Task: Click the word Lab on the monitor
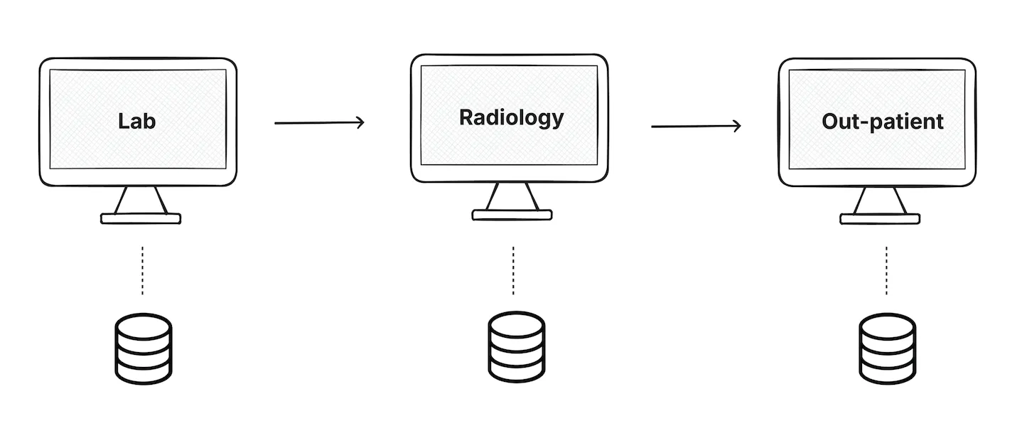[x=137, y=120]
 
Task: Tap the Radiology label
[x=511, y=117]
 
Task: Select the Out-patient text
[x=882, y=121]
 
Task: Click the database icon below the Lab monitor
[x=143, y=351]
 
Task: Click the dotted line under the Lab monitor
[x=142, y=271]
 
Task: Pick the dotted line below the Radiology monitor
[x=512, y=271]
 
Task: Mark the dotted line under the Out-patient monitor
[x=886, y=271]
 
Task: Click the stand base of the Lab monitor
[x=141, y=219]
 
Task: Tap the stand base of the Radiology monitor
[x=512, y=214]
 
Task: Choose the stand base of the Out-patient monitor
[x=880, y=219]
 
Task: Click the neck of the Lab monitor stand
[x=141, y=200]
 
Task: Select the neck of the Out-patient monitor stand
[x=880, y=200]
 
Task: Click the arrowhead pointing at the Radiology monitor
[x=360, y=122]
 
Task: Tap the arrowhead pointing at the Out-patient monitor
[x=736, y=126]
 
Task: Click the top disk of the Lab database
[x=143, y=329]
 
